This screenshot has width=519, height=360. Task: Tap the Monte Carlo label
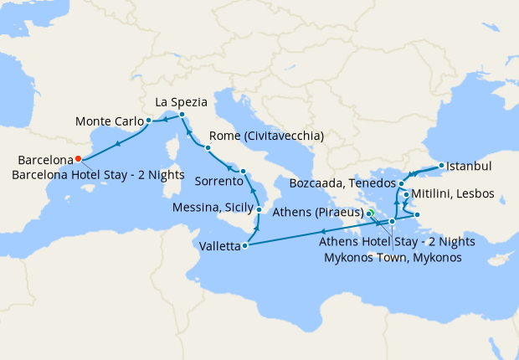(x=109, y=121)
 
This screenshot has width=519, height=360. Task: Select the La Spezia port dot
(x=182, y=114)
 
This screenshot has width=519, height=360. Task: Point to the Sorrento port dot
(x=243, y=172)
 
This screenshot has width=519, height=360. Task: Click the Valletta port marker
(x=244, y=246)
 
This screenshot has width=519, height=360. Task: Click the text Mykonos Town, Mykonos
(x=393, y=257)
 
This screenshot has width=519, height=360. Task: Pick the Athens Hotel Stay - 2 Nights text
(x=398, y=242)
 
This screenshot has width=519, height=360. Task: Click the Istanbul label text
(x=470, y=166)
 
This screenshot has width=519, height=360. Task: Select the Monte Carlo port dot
(x=148, y=121)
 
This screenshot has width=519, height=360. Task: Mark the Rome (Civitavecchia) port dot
(x=208, y=147)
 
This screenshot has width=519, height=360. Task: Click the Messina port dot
(x=259, y=209)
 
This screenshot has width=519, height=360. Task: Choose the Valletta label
(x=218, y=247)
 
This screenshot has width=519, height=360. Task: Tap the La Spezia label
(x=182, y=101)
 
